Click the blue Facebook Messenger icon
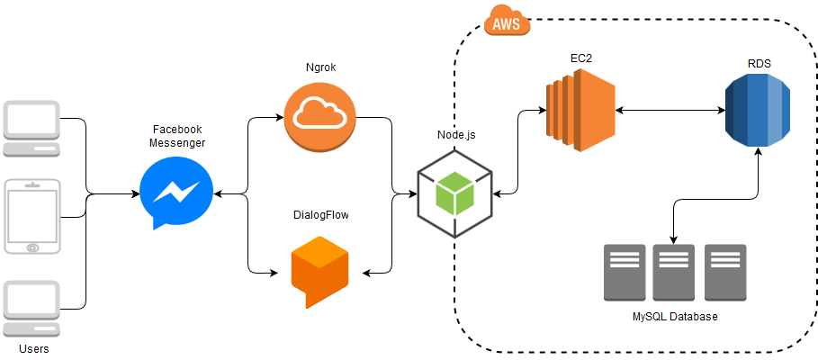(x=176, y=192)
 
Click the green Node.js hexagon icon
(x=454, y=192)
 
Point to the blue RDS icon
(x=758, y=111)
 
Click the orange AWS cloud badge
(x=507, y=23)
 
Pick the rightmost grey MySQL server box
(x=725, y=272)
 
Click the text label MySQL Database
(x=675, y=317)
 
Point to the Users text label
(x=33, y=348)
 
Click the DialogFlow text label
(x=320, y=215)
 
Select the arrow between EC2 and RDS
(x=670, y=111)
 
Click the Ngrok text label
(x=319, y=68)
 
